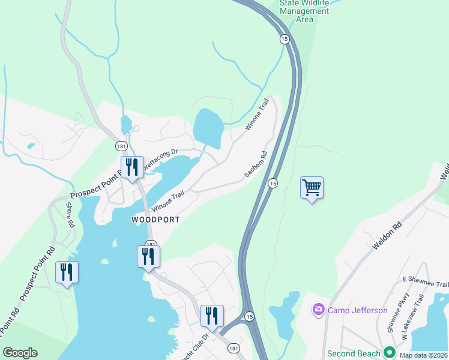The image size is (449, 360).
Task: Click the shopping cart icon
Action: [312, 188]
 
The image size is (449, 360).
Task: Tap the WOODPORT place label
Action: [155, 220]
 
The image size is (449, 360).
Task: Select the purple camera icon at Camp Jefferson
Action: [318, 310]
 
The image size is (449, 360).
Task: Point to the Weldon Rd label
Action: [388, 237]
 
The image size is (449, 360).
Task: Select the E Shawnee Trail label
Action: [426, 282]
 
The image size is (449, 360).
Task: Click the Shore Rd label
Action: [70, 215]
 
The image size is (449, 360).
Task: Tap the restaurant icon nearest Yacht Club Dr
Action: [211, 316]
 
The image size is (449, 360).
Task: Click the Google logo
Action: [20, 353]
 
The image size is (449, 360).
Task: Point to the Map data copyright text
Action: [423, 355]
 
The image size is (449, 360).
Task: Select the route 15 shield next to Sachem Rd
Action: [273, 182]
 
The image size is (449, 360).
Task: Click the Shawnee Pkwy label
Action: [399, 312]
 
